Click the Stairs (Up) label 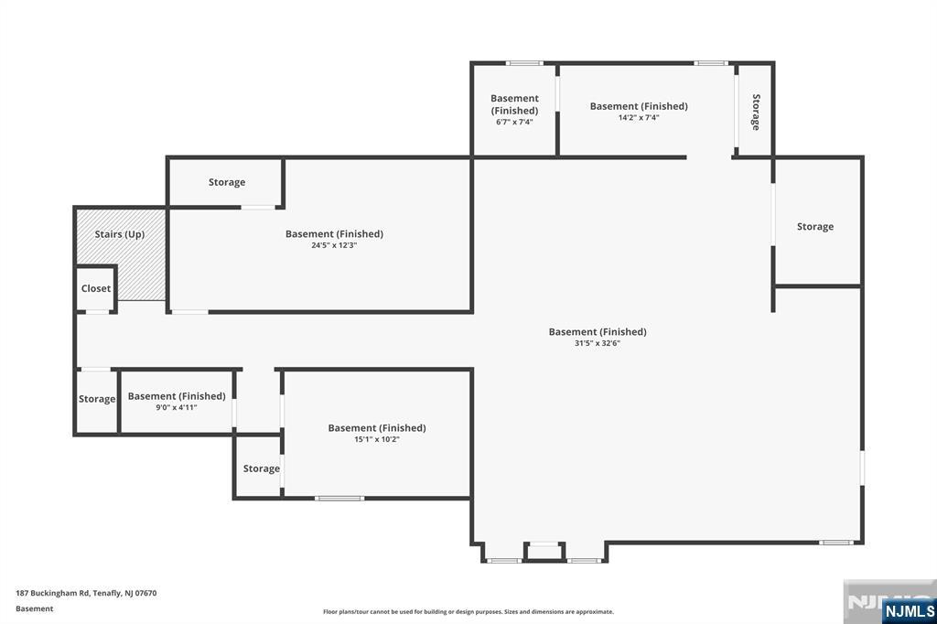pyautogui.click(x=120, y=234)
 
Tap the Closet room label pyautogui.click(x=96, y=288)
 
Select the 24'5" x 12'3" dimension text pyautogui.click(x=334, y=245)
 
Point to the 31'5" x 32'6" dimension pyautogui.click(x=598, y=343)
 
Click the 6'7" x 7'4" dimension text pyautogui.click(x=514, y=122)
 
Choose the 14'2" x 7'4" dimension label pyautogui.click(x=639, y=117)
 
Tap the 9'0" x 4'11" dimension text pyautogui.click(x=177, y=407)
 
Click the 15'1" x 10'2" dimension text pyautogui.click(x=377, y=439)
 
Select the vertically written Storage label pyautogui.click(x=756, y=112)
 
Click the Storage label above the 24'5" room pyautogui.click(x=227, y=182)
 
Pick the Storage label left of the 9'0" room pyautogui.click(x=97, y=399)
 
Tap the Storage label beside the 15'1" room pyautogui.click(x=262, y=468)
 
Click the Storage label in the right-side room pyautogui.click(x=815, y=227)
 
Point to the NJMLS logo pyautogui.click(x=909, y=610)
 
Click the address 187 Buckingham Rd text pyautogui.click(x=86, y=593)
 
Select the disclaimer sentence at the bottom pyautogui.click(x=468, y=612)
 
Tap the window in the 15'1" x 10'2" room pyautogui.click(x=339, y=498)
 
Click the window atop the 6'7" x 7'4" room pyautogui.click(x=524, y=63)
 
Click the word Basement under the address pyautogui.click(x=35, y=608)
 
